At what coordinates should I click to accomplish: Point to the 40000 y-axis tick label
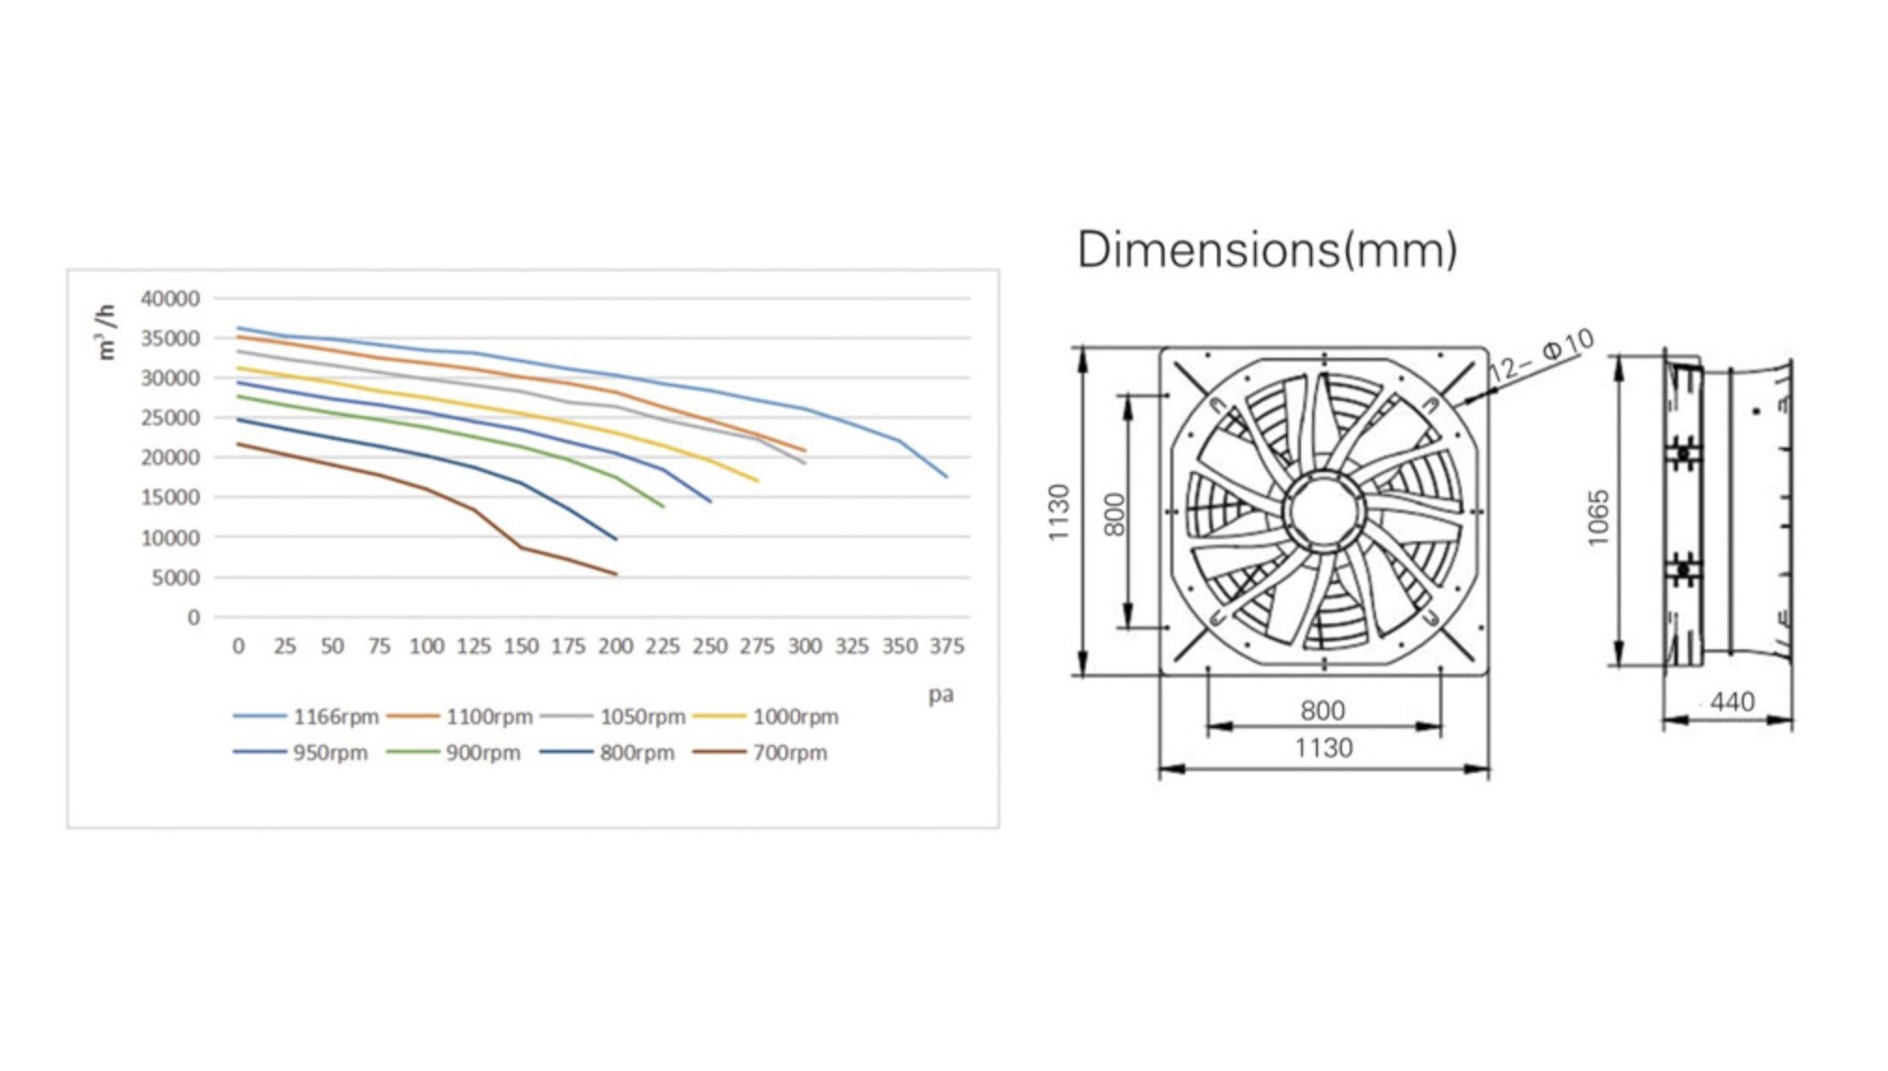click(x=169, y=299)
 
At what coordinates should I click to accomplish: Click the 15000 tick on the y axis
click(x=169, y=498)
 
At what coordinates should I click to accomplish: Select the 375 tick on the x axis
click(x=947, y=647)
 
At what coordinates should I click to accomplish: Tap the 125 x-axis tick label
click(x=473, y=647)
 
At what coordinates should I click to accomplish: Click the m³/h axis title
click(x=106, y=332)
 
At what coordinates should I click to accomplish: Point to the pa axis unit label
click(x=940, y=695)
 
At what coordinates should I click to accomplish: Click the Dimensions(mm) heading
click(x=1266, y=250)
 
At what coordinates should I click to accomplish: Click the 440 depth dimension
click(x=1731, y=702)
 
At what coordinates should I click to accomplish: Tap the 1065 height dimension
click(x=1598, y=517)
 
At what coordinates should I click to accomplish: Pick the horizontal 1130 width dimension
click(x=1323, y=749)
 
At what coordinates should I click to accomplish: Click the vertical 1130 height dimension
click(x=1058, y=512)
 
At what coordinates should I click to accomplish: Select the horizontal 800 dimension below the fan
click(x=1323, y=711)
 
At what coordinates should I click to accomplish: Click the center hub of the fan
click(x=1323, y=512)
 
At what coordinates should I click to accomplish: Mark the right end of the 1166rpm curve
click(x=947, y=478)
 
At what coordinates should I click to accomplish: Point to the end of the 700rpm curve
click(x=616, y=575)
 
